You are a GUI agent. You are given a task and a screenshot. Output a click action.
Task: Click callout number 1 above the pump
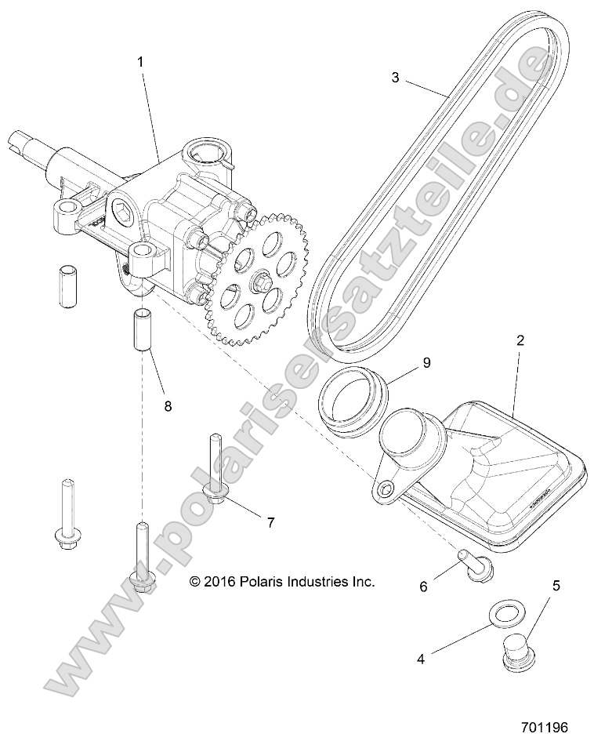pyautogui.click(x=141, y=60)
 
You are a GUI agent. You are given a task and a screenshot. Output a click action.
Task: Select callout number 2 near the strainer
pyautogui.click(x=519, y=341)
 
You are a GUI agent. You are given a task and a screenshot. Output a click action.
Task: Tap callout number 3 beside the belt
pyautogui.click(x=396, y=78)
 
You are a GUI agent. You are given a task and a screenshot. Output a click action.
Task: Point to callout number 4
pyautogui.click(x=420, y=659)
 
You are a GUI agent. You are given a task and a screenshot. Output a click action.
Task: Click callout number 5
pyautogui.click(x=557, y=585)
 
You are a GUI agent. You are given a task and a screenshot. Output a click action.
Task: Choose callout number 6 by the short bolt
pyautogui.click(x=424, y=585)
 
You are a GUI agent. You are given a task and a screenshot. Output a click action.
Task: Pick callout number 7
pyautogui.click(x=271, y=521)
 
